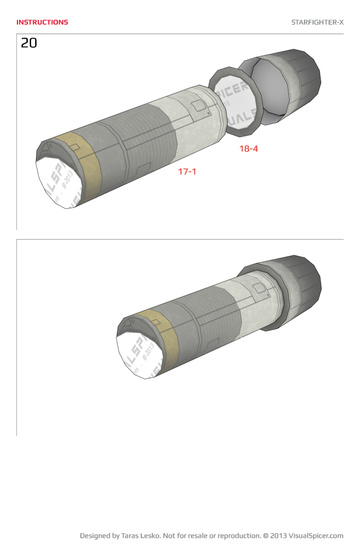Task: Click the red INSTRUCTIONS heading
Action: click(42, 22)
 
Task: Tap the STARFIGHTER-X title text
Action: click(317, 22)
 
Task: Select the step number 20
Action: click(29, 43)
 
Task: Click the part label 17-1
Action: click(187, 171)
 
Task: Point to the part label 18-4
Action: click(248, 148)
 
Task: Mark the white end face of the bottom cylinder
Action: click(137, 354)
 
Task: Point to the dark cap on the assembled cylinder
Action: click(300, 283)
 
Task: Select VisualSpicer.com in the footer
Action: click(316, 536)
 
